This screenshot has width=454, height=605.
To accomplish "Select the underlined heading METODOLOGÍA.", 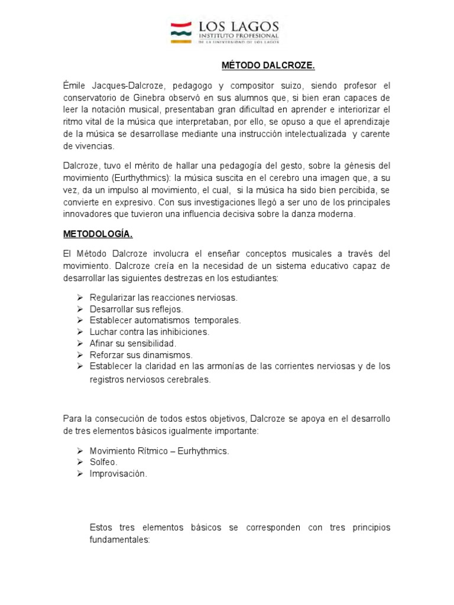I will click(x=98, y=235).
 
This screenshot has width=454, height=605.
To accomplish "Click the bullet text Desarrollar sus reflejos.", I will click(x=137, y=309).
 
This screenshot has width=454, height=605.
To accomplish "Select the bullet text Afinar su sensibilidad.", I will click(x=133, y=343).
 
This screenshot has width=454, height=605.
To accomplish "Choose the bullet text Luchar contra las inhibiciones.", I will click(x=150, y=332).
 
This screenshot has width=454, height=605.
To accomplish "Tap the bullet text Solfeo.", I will click(x=103, y=462).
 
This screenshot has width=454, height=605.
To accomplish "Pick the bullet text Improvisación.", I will click(x=118, y=474).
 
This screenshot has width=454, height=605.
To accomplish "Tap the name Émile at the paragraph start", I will click(x=74, y=86).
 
